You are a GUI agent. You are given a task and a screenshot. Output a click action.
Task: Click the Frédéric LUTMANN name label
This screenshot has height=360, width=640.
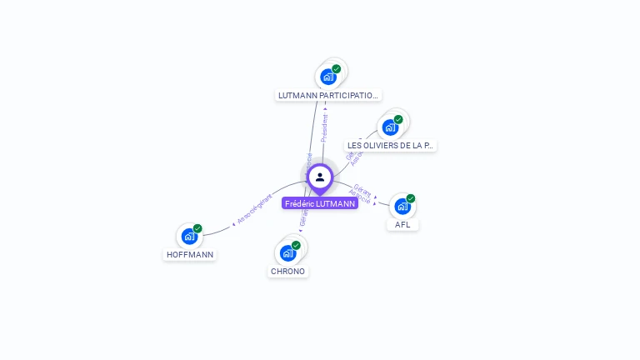[320, 203]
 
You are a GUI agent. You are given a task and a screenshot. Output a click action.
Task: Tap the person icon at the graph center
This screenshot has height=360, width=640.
[320, 177]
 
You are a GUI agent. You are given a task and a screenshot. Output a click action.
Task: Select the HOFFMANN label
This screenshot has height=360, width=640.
[190, 254]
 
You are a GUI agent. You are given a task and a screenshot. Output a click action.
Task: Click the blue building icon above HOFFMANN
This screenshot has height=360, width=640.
[190, 236]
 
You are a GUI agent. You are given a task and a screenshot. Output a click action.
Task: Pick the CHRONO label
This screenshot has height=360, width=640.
[288, 271]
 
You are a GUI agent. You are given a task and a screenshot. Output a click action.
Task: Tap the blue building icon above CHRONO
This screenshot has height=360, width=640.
[288, 252]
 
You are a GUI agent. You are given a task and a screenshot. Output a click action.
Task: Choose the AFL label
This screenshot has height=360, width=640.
[402, 224]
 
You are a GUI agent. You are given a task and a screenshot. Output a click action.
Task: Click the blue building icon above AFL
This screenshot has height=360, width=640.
[402, 206]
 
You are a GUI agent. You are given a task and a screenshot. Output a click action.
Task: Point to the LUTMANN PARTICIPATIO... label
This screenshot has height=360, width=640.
[328, 95]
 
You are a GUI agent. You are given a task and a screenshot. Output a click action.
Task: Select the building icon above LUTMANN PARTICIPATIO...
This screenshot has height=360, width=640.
[328, 77]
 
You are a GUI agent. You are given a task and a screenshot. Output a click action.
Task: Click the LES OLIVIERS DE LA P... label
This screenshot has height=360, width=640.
[390, 145]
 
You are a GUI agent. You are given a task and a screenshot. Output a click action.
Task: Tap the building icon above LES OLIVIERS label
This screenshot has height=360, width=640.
[390, 127]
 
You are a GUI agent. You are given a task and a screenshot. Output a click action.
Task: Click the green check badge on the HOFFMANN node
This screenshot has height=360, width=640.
[197, 228]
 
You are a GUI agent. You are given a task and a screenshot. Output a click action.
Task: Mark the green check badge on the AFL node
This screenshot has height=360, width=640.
[410, 198]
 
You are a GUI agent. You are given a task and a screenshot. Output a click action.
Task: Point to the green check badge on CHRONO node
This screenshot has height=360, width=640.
[296, 245]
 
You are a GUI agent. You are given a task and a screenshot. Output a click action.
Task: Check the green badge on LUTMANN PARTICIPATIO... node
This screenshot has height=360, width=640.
[336, 69]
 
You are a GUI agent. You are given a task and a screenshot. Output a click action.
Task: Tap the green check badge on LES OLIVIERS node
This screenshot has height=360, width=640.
[398, 119]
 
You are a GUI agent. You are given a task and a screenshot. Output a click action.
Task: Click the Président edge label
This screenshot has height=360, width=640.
[324, 126]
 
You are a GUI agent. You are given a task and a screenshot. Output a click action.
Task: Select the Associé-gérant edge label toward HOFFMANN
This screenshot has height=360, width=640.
[254, 207]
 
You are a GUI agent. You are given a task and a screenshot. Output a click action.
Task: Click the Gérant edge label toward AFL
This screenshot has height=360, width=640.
[362, 189]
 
